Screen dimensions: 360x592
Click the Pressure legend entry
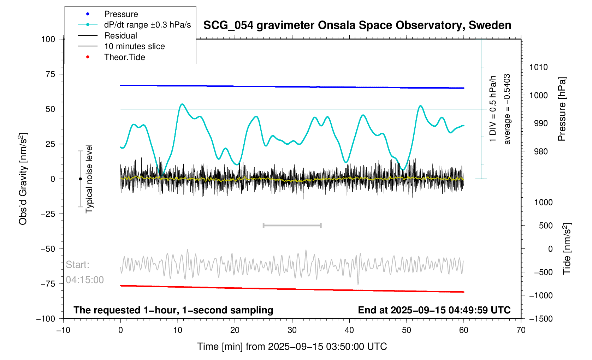[121, 14]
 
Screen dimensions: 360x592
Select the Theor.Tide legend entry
[124, 57]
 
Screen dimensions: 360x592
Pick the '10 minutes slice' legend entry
[134, 46]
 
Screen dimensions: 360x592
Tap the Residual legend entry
[120, 36]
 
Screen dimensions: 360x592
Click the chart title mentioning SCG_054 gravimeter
[357, 25]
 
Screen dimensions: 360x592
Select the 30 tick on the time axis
[292, 330]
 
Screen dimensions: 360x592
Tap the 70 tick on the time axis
[521, 330]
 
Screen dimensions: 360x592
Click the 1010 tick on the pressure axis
[538, 67]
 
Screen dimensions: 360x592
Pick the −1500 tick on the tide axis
[541, 319]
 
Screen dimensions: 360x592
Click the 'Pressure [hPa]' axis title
[562, 109]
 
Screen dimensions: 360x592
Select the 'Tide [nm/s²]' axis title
[567, 248]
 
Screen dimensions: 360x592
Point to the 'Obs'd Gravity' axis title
[23, 179]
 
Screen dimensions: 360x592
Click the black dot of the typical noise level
[80, 179]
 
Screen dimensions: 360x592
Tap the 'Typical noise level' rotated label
[89, 179]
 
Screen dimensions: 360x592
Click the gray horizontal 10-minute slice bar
[292, 225]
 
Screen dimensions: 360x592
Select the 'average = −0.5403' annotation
[507, 109]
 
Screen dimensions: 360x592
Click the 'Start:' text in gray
[78, 265]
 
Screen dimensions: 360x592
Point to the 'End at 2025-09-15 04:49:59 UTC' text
[434, 310]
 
